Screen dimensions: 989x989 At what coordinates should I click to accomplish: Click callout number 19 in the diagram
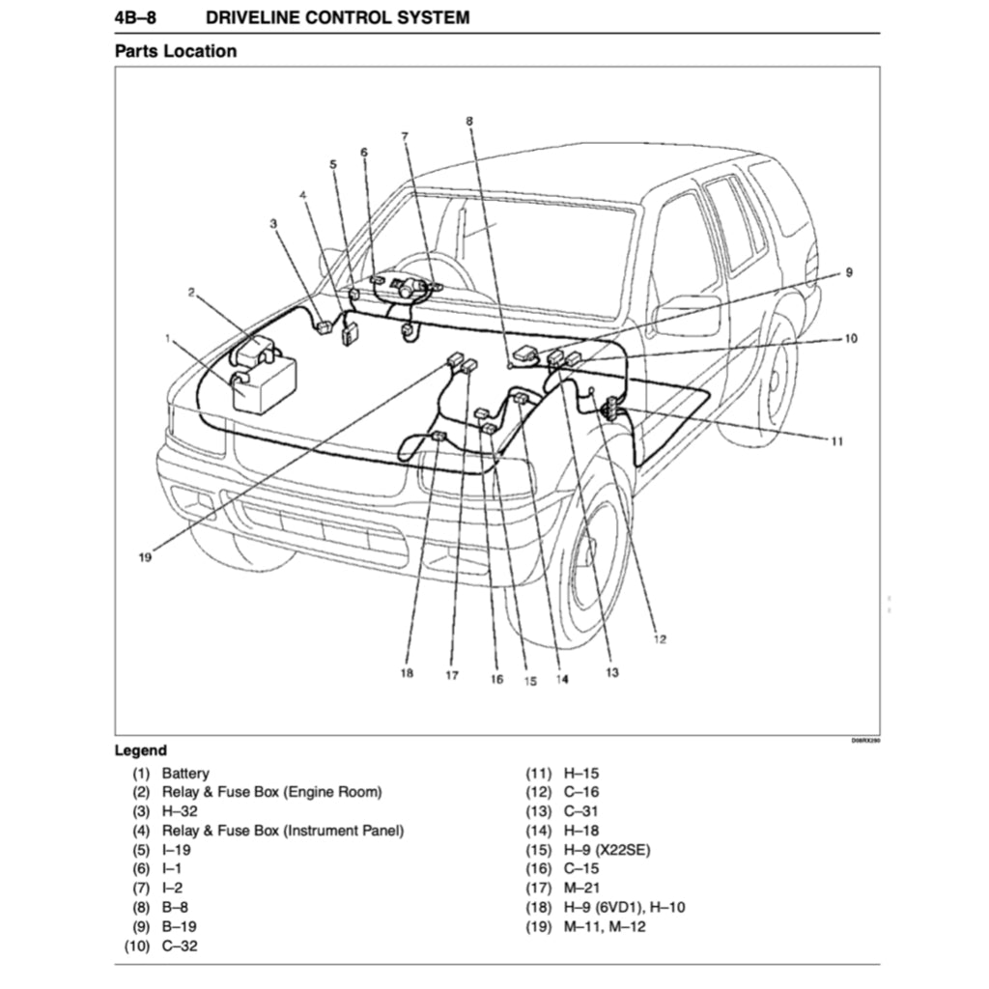pos(145,556)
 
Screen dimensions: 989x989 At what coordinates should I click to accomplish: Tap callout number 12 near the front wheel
pos(660,638)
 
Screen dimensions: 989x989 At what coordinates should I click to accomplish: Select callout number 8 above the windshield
pos(469,121)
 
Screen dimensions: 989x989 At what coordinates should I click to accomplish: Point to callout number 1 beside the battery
pos(169,339)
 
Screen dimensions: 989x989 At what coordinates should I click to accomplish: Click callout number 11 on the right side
pos(836,441)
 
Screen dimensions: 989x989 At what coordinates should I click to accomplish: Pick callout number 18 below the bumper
pos(407,673)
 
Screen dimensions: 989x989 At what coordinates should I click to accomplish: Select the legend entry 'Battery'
pos(185,774)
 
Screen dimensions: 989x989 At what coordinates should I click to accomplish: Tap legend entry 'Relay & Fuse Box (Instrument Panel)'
pos(283,831)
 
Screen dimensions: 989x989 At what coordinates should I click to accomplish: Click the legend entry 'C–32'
pos(180,947)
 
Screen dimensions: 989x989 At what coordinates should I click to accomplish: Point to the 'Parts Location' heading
pos(175,51)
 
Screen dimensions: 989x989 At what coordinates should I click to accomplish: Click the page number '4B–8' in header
pos(135,16)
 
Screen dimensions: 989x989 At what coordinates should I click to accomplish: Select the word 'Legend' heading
pos(140,750)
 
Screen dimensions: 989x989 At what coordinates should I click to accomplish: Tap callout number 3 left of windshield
pos(273,224)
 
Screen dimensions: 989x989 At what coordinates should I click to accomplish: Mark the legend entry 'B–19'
pos(180,927)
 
